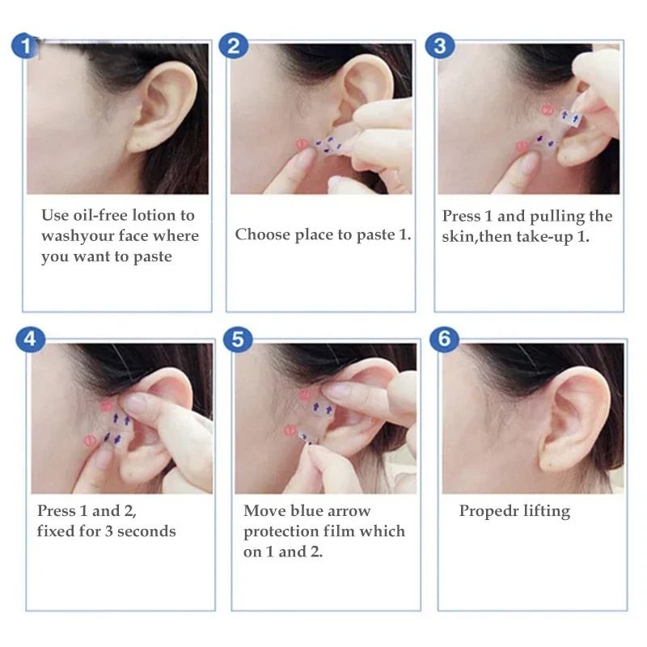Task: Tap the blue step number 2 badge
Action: click(234, 46)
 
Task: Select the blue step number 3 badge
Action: click(439, 46)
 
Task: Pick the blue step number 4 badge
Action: click(30, 340)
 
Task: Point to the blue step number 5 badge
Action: click(236, 340)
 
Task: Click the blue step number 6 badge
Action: click(443, 340)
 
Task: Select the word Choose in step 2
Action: click(261, 235)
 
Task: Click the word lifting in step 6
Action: click(547, 511)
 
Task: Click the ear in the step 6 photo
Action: click(579, 421)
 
